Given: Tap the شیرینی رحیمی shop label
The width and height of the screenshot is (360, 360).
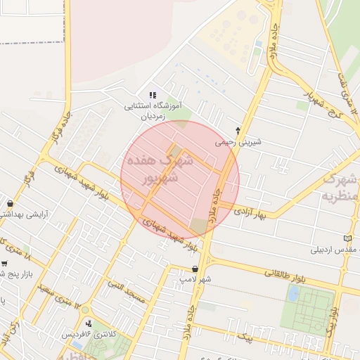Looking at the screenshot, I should coord(238,142).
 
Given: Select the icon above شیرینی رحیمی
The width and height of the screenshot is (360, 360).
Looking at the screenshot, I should coord(238,130).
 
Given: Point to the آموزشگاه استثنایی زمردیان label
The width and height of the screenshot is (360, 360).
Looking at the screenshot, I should coord(153,112).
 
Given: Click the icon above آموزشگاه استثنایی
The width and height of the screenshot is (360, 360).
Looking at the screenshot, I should coord(153,96).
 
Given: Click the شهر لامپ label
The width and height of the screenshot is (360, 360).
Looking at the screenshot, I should coord(195,279).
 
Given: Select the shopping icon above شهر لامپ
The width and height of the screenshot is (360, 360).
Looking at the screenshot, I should coord(195,268).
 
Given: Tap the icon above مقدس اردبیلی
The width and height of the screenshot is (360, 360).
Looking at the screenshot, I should coord(347,238).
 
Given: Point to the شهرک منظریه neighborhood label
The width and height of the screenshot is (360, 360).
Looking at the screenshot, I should coord(342,188).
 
